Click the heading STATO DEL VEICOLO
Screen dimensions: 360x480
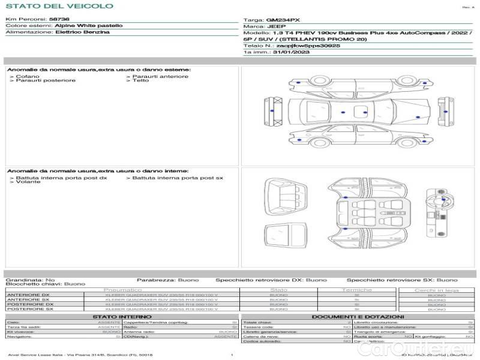tap(59, 6)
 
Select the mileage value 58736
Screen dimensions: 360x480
tap(59, 20)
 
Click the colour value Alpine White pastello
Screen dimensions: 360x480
tap(89, 26)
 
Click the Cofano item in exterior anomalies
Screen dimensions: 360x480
tap(28, 76)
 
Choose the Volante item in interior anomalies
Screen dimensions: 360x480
tap(28, 182)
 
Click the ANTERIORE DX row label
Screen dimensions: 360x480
tap(28, 295)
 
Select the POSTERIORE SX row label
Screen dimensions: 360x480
tap(29, 308)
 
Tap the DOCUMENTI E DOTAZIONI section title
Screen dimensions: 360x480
tap(358, 317)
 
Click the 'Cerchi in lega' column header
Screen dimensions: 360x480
tap(437, 290)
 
